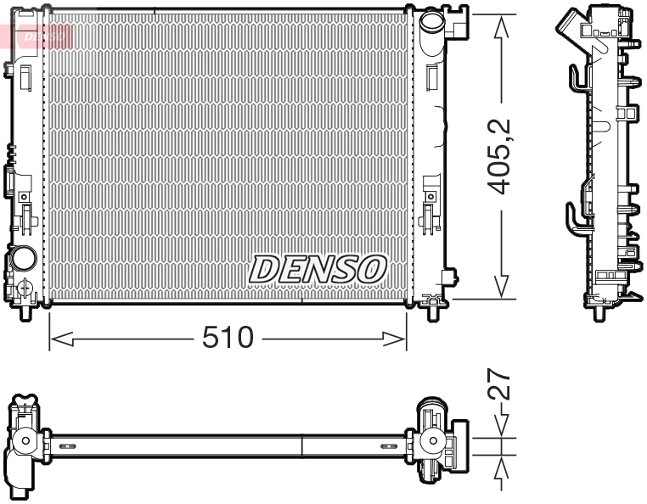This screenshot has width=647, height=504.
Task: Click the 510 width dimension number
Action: pos(228,339)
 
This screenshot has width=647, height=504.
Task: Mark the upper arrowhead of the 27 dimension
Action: pos(502,428)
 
